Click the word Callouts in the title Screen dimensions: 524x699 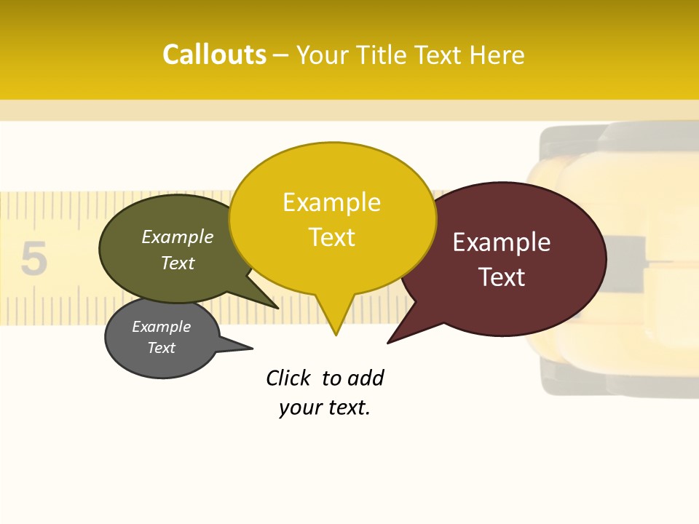pos(214,55)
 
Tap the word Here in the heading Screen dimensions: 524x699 pos(497,55)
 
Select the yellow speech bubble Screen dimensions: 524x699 pos(332,218)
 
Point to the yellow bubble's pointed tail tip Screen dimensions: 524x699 pos(336,334)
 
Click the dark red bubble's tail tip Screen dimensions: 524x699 pos(389,342)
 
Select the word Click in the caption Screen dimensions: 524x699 pos(288,378)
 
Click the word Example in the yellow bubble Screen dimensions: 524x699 pos(331,202)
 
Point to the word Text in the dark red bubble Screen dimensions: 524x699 pos(502,277)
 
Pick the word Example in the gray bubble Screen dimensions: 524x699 pos(161,327)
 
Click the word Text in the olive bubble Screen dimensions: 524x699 pos(178,263)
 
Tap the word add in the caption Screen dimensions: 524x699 pos(366,378)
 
